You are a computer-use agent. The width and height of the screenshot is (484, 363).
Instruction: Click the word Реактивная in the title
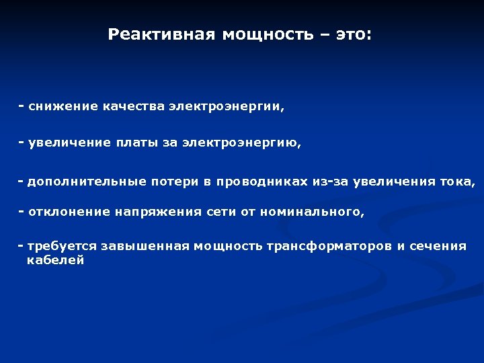(x=158, y=34)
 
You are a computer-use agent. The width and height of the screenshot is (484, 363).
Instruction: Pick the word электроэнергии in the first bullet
(x=227, y=107)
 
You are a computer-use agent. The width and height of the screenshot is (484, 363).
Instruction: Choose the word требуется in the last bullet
(x=61, y=247)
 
